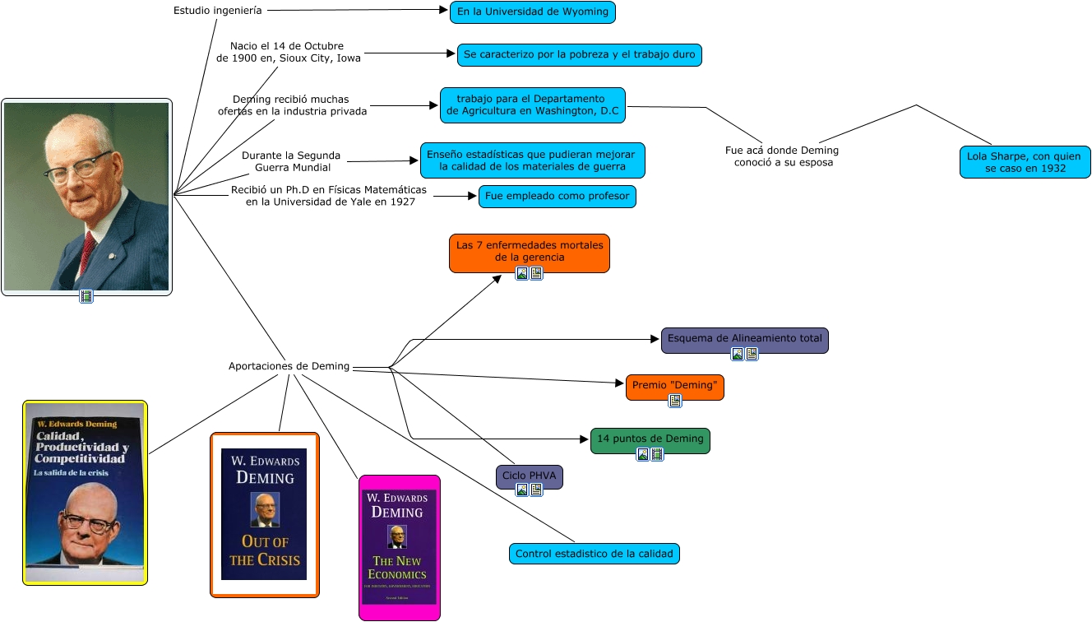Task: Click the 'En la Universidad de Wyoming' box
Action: pyautogui.click(x=532, y=12)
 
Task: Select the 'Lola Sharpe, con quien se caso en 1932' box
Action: pyautogui.click(x=1025, y=161)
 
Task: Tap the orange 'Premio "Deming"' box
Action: pyautogui.click(x=674, y=385)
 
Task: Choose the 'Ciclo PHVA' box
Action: pyautogui.click(x=530, y=476)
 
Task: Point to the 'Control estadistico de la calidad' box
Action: pyautogui.click(x=594, y=554)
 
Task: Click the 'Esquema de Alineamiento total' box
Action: pyautogui.click(x=744, y=338)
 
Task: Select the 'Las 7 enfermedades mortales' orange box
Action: pyautogui.click(x=529, y=250)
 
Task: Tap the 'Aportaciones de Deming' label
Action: pyautogui.click(x=289, y=366)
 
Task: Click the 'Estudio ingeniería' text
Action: pyautogui.click(x=218, y=11)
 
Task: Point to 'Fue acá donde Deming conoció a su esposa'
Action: pyautogui.click(x=782, y=156)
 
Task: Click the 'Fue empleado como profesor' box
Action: pyautogui.click(x=557, y=197)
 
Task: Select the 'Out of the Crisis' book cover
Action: pyautogui.click(x=264, y=514)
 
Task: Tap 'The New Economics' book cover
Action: pyautogui.click(x=399, y=547)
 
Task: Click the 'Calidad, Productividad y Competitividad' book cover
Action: pyautogui.click(x=85, y=492)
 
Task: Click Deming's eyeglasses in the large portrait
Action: pyautogui.click(x=78, y=167)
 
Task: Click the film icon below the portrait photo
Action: pyautogui.click(x=86, y=296)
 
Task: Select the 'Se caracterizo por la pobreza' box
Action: pyautogui.click(x=579, y=55)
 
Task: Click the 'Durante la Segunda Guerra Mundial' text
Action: pyautogui.click(x=291, y=161)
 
